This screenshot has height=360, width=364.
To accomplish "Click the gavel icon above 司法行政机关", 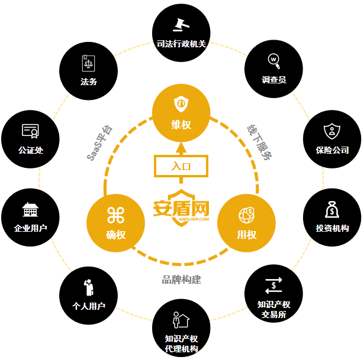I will (181, 25).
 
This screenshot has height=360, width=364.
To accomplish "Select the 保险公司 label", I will (332, 150).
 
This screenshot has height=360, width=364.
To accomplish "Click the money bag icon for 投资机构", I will (331, 209).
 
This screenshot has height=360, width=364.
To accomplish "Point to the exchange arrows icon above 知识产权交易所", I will (273, 286).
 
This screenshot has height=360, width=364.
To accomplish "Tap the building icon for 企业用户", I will (30, 209).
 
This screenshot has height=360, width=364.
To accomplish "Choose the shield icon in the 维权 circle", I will (181, 103).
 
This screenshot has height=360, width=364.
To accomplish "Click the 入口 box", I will (181, 166).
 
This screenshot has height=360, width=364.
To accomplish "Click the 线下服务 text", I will (259, 142).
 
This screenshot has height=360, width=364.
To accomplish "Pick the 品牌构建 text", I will (182, 280).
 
